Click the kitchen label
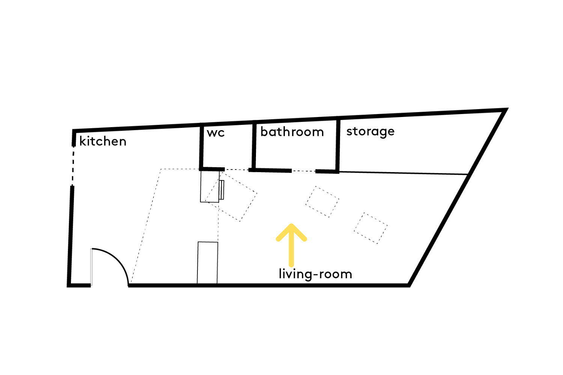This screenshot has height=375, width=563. click(103, 141)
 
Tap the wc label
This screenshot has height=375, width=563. click(216, 133)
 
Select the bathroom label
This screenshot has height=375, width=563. click(292, 132)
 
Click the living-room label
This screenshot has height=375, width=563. click(315, 274)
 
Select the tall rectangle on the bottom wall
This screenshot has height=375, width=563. click(207, 263)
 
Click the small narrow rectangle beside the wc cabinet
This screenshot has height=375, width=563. click(221, 190)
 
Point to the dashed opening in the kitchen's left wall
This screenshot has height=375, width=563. click(73, 166)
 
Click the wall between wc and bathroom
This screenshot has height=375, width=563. click(254, 146)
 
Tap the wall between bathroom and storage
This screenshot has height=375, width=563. click(338, 145)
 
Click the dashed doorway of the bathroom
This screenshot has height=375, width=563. click(304, 171)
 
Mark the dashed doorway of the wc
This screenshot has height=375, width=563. click(236, 170)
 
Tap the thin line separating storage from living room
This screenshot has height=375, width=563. click(403, 173)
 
